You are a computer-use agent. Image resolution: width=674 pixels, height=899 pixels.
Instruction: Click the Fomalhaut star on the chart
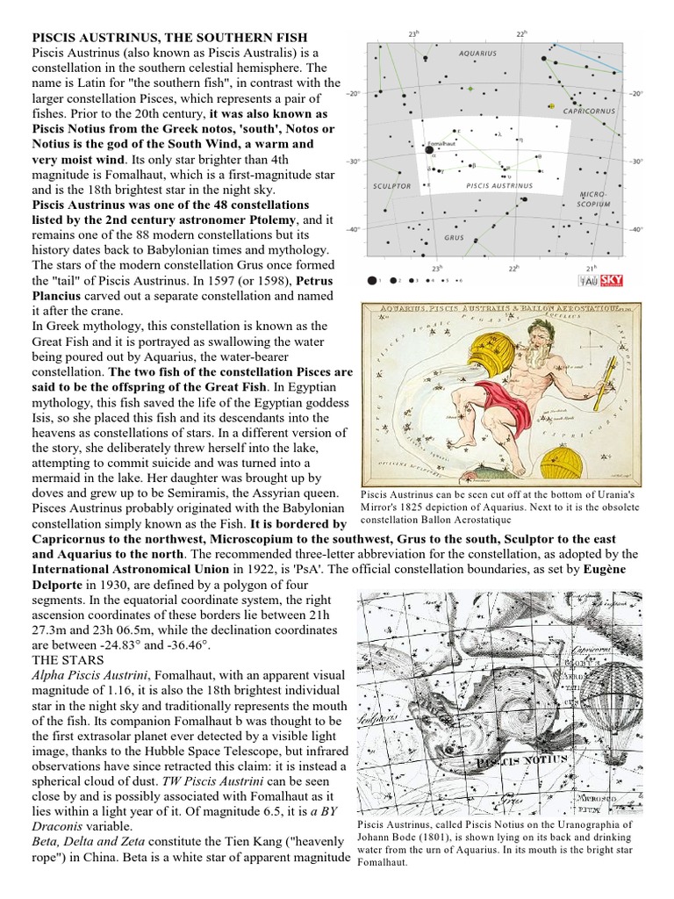point(429,150)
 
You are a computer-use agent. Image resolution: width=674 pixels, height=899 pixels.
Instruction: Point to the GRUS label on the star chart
point(455,237)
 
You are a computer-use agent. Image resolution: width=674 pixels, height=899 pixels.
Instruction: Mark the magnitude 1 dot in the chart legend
point(372,280)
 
